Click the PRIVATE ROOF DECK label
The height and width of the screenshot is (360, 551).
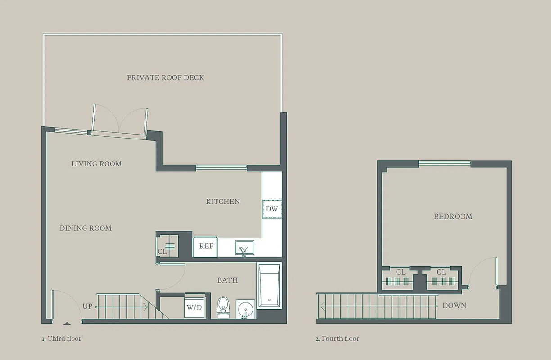(165, 77)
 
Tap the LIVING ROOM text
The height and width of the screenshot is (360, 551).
(96, 164)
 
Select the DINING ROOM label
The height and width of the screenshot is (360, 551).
(86, 228)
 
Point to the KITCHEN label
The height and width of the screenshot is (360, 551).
(223, 202)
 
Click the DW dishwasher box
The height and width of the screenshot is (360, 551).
(272, 209)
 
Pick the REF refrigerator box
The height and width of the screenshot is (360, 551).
(206, 246)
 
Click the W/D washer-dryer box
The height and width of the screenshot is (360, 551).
(194, 308)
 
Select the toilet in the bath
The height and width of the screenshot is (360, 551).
(223, 307)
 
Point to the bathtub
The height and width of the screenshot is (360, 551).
(268, 285)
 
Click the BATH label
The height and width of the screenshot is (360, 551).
(227, 280)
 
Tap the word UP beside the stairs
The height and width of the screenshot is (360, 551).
(87, 306)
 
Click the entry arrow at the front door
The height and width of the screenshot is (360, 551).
(67, 323)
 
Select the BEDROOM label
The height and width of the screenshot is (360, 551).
(453, 216)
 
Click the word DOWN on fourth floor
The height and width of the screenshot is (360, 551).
(454, 306)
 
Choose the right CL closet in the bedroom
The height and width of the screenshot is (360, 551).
(441, 278)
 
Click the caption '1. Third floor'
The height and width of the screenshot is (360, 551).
(62, 338)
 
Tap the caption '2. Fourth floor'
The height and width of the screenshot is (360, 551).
(337, 338)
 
